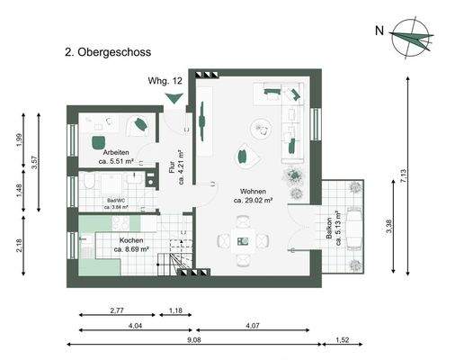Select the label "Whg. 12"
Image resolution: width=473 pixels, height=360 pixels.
[165, 80]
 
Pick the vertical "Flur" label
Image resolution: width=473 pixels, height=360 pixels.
[173, 169]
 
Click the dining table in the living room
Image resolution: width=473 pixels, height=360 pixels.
[244, 240]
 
